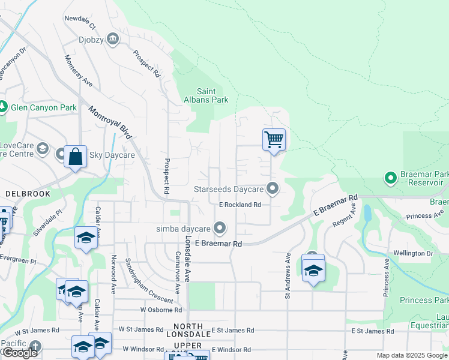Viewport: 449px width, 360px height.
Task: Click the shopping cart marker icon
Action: click(x=274, y=140)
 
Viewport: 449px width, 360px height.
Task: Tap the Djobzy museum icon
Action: click(x=113, y=39)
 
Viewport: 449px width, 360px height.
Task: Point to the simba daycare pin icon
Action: click(x=220, y=228)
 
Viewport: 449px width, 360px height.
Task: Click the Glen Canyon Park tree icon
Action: click(x=3, y=107)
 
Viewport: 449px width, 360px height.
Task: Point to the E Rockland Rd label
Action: click(x=240, y=205)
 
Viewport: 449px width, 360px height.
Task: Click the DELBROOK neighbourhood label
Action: click(x=22, y=194)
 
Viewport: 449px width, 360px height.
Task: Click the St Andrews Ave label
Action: click(x=288, y=275)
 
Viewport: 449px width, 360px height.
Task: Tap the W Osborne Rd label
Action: click(x=161, y=310)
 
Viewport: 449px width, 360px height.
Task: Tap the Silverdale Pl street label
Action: click(x=48, y=221)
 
